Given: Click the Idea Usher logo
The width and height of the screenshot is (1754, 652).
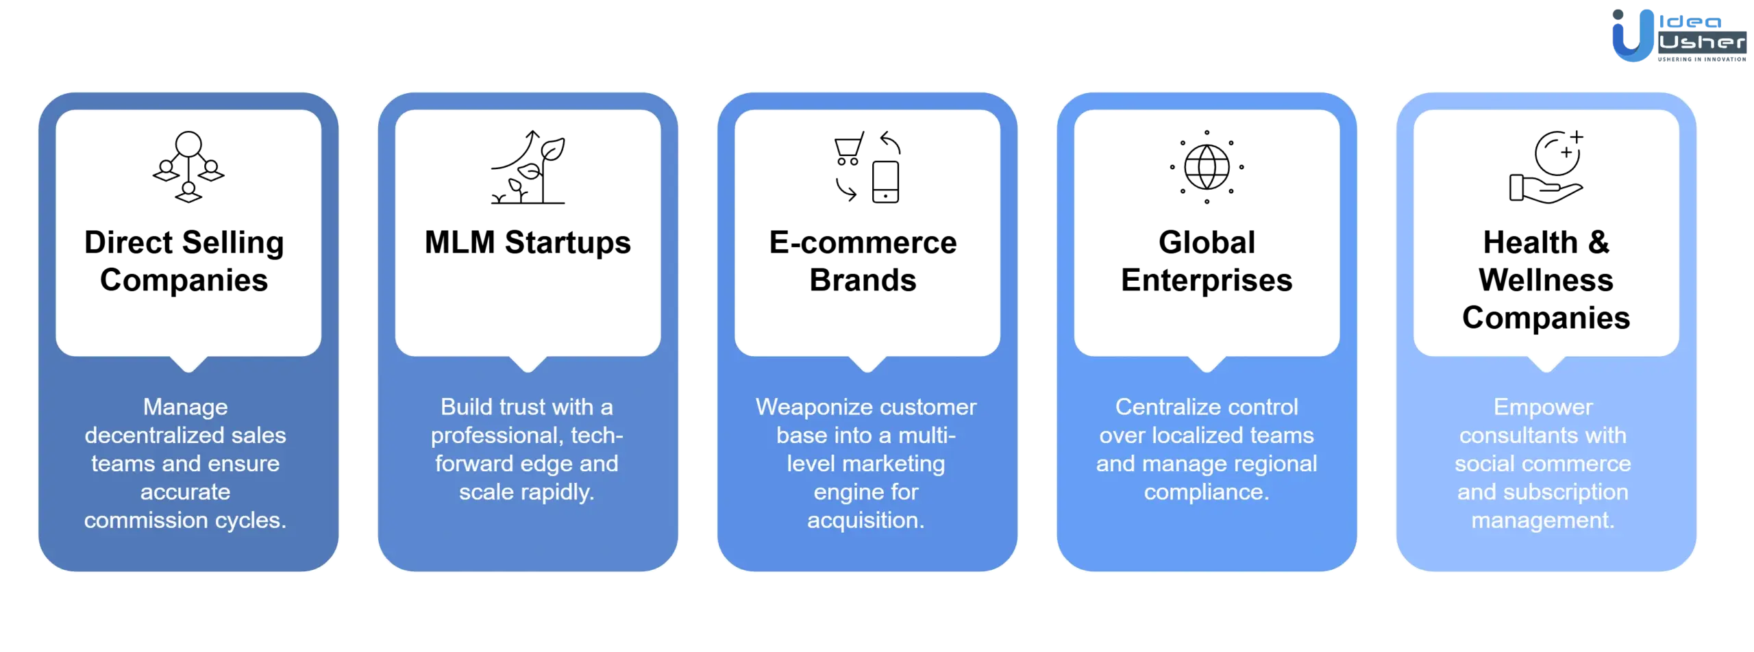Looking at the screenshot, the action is tap(1679, 36).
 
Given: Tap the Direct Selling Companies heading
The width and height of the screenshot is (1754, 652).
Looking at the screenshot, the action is tap(184, 262).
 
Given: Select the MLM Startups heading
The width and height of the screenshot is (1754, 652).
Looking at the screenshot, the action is tap(528, 242).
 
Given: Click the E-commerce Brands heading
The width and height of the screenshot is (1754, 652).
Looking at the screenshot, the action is tap(863, 262).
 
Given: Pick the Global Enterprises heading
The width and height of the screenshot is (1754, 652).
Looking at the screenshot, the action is tap(1207, 262).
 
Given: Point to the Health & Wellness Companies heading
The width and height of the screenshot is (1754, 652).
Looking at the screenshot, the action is tap(1546, 280).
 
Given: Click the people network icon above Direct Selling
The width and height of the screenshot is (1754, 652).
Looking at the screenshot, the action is tap(188, 167).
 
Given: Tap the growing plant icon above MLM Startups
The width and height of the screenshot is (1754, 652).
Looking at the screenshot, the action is tap(528, 167).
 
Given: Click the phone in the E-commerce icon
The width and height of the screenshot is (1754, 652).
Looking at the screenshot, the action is tap(885, 182).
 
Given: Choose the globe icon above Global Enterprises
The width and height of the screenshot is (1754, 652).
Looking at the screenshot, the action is tap(1207, 167).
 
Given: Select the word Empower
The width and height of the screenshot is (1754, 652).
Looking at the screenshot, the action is tap(1543, 407).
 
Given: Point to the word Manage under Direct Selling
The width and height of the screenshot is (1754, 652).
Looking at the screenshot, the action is tap(185, 407).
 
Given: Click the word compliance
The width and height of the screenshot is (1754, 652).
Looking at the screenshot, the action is tap(1207, 492).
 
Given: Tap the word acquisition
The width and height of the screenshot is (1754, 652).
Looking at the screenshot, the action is tap(865, 521).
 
